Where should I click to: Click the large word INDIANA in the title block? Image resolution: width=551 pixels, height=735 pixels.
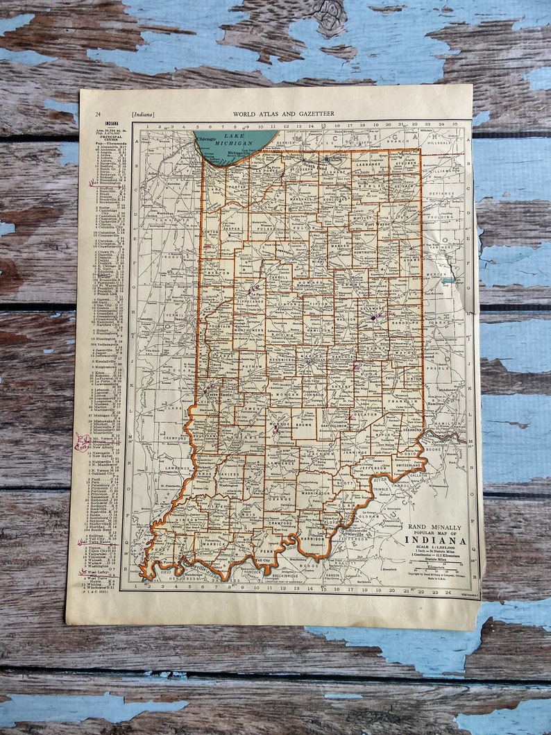pyautogui.click(x=435, y=541)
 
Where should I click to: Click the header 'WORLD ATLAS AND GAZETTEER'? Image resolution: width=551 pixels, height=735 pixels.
pyautogui.click(x=274, y=113)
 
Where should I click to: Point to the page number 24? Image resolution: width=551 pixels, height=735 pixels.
pyautogui.click(x=99, y=114)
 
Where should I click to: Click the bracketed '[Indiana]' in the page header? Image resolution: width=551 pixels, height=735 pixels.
pyautogui.click(x=143, y=114)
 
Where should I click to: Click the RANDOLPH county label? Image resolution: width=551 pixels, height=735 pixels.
pyautogui.click(x=402, y=321)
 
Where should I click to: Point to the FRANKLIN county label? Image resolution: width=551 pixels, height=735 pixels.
pyautogui.click(x=400, y=402)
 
